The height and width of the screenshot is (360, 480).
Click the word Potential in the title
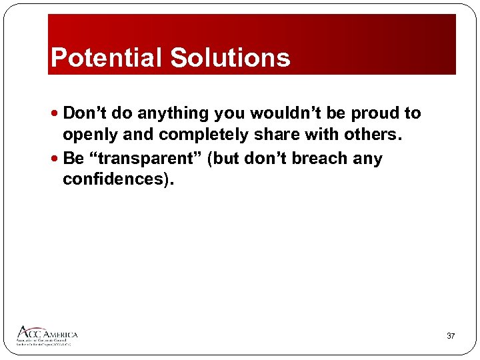[107, 58]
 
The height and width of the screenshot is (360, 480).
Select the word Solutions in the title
[230, 58]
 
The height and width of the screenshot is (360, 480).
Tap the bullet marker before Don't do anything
[56, 114]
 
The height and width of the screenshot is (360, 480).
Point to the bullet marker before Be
[56, 159]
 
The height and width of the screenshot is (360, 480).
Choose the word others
[377, 134]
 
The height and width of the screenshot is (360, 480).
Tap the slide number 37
[451, 336]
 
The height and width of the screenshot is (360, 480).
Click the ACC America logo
[47, 335]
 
